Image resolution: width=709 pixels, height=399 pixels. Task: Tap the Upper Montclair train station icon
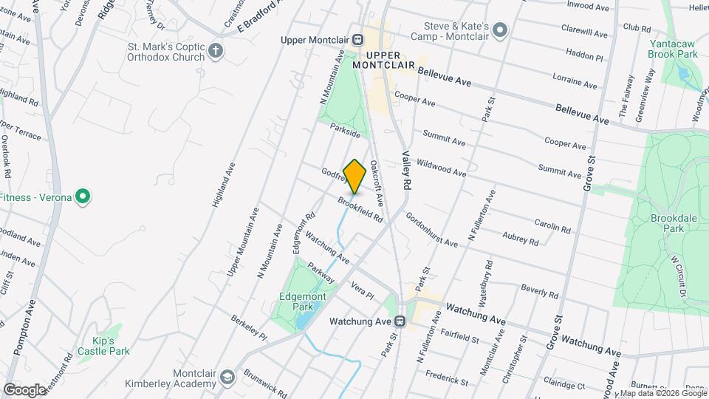(357, 39)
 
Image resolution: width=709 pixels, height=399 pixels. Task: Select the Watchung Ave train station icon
(400, 321)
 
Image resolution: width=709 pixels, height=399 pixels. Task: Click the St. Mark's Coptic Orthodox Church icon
(216, 51)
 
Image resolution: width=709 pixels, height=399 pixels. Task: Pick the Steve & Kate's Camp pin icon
(500, 30)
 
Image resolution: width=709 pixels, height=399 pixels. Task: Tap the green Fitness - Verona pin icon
(83, 197)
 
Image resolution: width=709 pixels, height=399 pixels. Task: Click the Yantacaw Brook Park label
(673, 49)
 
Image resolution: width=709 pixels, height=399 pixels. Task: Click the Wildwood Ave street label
(441, 167)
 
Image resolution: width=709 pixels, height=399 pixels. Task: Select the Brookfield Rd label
(360, 209)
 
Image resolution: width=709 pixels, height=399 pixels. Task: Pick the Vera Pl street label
(363, 290)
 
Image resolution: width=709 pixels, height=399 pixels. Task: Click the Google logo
(24, 389)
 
